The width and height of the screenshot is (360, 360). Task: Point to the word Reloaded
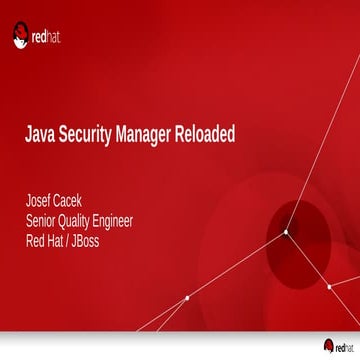tap(205, 135)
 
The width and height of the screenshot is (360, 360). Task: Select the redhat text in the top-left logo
tap(47, 41)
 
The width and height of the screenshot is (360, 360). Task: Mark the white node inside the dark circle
tap(286, 232)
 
